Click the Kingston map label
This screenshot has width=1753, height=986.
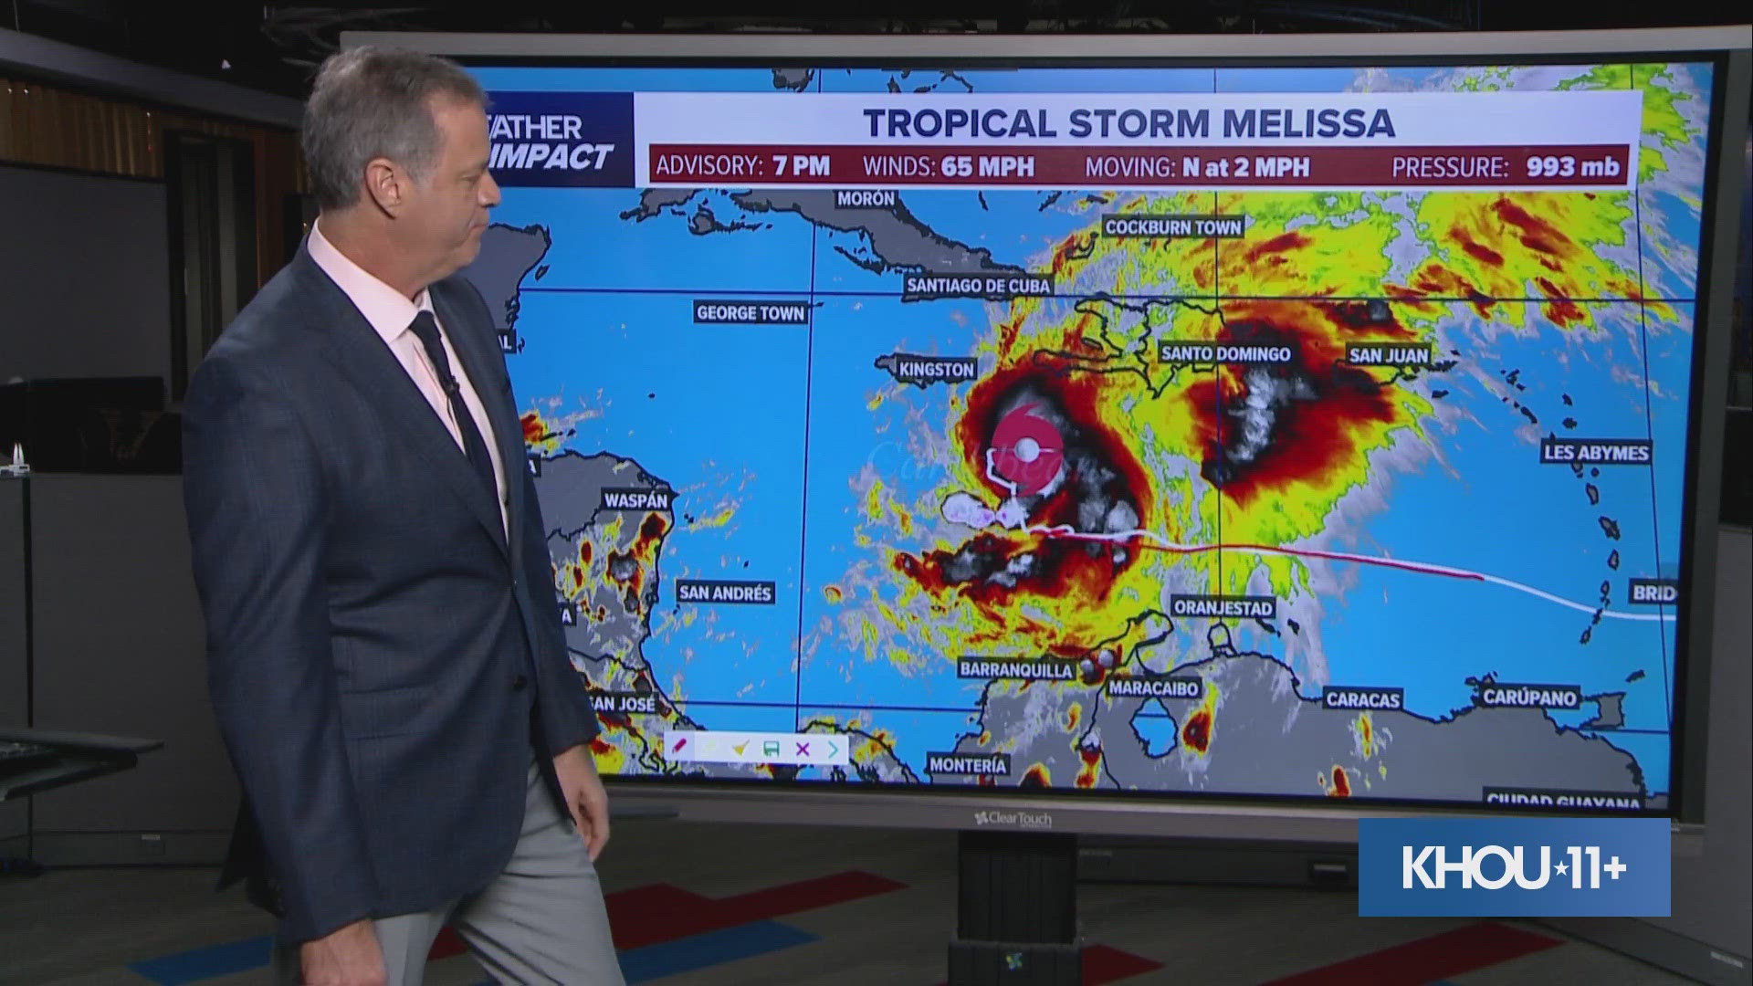point(937,370)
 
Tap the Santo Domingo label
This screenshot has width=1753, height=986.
point(1225,353)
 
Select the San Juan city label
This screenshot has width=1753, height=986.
point(1389,354)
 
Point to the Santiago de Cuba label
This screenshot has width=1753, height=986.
point(979,286)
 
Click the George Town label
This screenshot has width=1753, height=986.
point(751,313)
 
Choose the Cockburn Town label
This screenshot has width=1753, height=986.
point(1173,227)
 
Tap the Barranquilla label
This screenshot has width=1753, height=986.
point(1015,669)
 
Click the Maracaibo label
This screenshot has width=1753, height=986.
point(1153,687)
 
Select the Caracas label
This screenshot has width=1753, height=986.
point(1362,700)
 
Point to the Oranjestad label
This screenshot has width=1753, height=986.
point(1223,607)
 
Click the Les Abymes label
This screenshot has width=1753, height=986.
point(1596,452)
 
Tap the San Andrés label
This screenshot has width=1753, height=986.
point(725,593)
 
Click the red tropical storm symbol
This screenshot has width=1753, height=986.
point(1026,447)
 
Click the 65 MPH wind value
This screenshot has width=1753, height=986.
point(988,166)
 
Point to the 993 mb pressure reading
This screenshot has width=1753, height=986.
point(1572,166)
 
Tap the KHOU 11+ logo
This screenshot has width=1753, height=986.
point(1514,867)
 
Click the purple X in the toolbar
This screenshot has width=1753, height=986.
point(803,749)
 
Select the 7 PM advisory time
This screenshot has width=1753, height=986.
point(800,166)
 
